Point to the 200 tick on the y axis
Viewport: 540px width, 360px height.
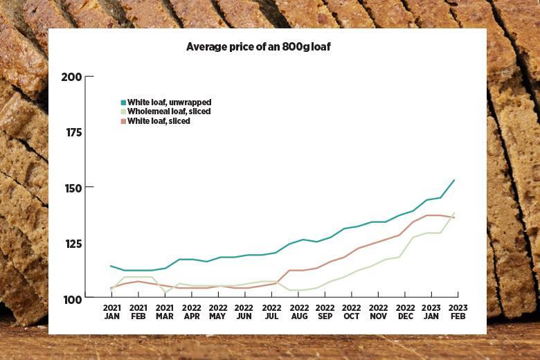71,77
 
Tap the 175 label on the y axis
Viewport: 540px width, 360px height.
71,132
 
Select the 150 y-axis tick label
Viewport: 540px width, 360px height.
71,188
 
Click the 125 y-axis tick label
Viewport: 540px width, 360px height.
71,243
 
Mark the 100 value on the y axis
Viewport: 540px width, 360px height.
71,298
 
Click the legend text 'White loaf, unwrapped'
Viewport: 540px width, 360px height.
169,102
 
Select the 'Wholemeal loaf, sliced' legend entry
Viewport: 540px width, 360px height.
169,111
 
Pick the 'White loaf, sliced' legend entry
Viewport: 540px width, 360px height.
159,120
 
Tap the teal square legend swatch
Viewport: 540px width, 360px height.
123,102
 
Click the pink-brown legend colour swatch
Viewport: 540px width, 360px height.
123,120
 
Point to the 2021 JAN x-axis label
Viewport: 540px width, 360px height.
111,312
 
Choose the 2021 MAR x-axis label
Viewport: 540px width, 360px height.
165,312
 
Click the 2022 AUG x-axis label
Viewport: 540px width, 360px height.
298,312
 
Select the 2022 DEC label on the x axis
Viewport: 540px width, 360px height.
405,312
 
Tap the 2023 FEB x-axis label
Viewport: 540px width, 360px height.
458,312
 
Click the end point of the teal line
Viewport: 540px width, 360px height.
454,180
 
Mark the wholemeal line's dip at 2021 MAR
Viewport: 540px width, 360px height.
165,292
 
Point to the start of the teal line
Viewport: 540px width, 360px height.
111,266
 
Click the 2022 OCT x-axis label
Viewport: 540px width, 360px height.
352,312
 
